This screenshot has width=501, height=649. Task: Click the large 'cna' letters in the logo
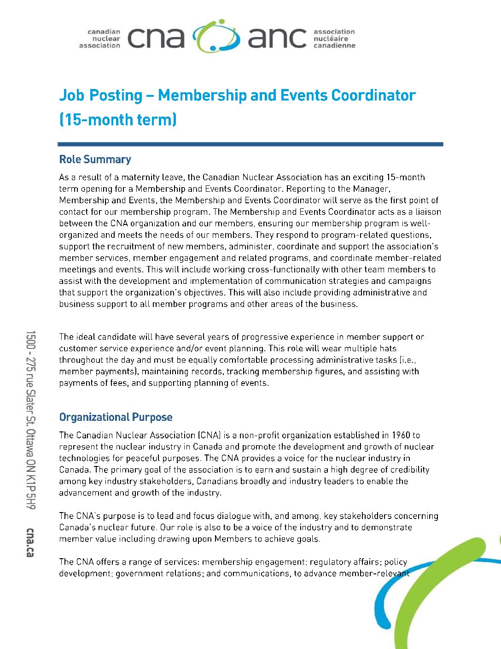(x=156, y=38)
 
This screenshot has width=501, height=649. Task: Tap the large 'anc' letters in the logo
(x=277, y=38)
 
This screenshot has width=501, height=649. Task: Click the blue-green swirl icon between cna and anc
(x=216, y=36)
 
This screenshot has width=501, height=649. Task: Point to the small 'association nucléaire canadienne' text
(x=334, y=39)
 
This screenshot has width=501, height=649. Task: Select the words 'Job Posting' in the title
(x=101, y=95)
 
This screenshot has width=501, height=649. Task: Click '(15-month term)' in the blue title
(x=118, y=120)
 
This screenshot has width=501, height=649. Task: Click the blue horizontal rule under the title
(x=250, y=144)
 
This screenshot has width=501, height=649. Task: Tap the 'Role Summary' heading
(x=95, y=159)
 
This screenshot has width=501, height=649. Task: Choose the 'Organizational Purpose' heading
(x=116, y=417)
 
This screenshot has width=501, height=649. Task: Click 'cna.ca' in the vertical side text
(x=30, y=542)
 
